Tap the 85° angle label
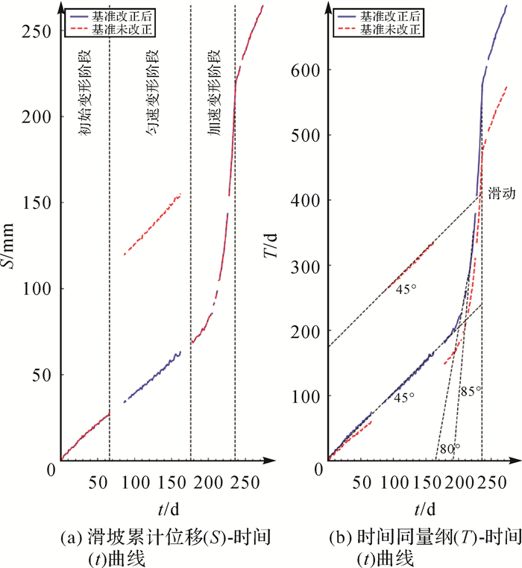471,390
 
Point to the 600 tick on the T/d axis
306,70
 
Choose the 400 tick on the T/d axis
306,201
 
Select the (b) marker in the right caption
345,535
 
